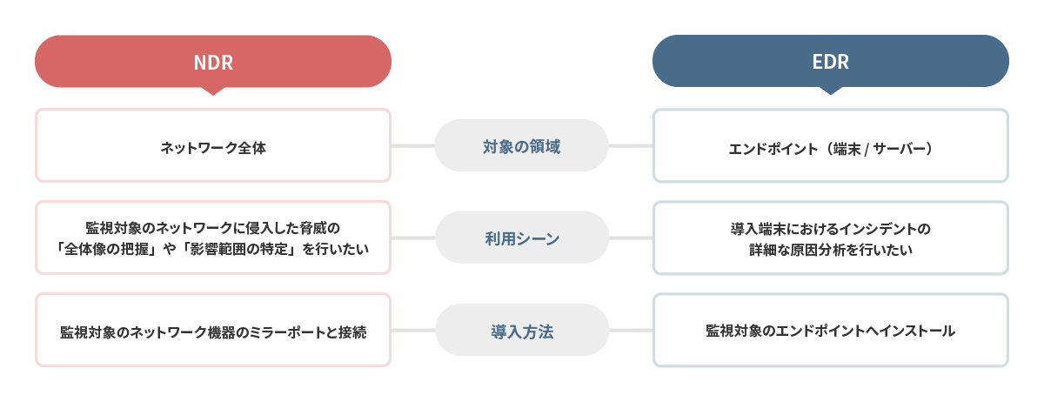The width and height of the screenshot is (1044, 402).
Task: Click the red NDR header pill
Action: pos(213,62)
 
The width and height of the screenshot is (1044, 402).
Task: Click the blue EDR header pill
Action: pos(831,61)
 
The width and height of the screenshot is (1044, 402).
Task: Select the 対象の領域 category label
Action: pos(521,145)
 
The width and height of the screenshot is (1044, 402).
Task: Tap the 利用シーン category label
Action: pos(522,238)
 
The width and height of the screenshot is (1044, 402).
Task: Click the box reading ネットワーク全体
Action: pos(213,145)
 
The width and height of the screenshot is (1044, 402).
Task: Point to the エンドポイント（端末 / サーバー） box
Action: pos(831,145)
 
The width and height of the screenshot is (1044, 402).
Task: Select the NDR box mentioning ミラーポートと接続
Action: pos(213,330)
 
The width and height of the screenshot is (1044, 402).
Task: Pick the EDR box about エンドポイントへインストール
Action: pos(831,330)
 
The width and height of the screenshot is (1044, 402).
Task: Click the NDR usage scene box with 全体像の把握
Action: pos(213,238)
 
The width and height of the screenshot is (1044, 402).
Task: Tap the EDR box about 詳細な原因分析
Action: pos(831,238)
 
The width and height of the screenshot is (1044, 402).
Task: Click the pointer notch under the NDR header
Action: pos(213,91)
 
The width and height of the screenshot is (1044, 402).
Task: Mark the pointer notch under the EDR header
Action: pos(831,90)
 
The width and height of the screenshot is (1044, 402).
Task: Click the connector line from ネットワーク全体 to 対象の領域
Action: pos(413,146)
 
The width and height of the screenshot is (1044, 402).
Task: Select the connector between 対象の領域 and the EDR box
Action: pos(631,146)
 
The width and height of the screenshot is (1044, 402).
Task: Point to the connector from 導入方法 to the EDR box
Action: pos(631,331)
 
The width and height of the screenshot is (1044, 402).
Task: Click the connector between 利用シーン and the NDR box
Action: pos(413,238)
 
